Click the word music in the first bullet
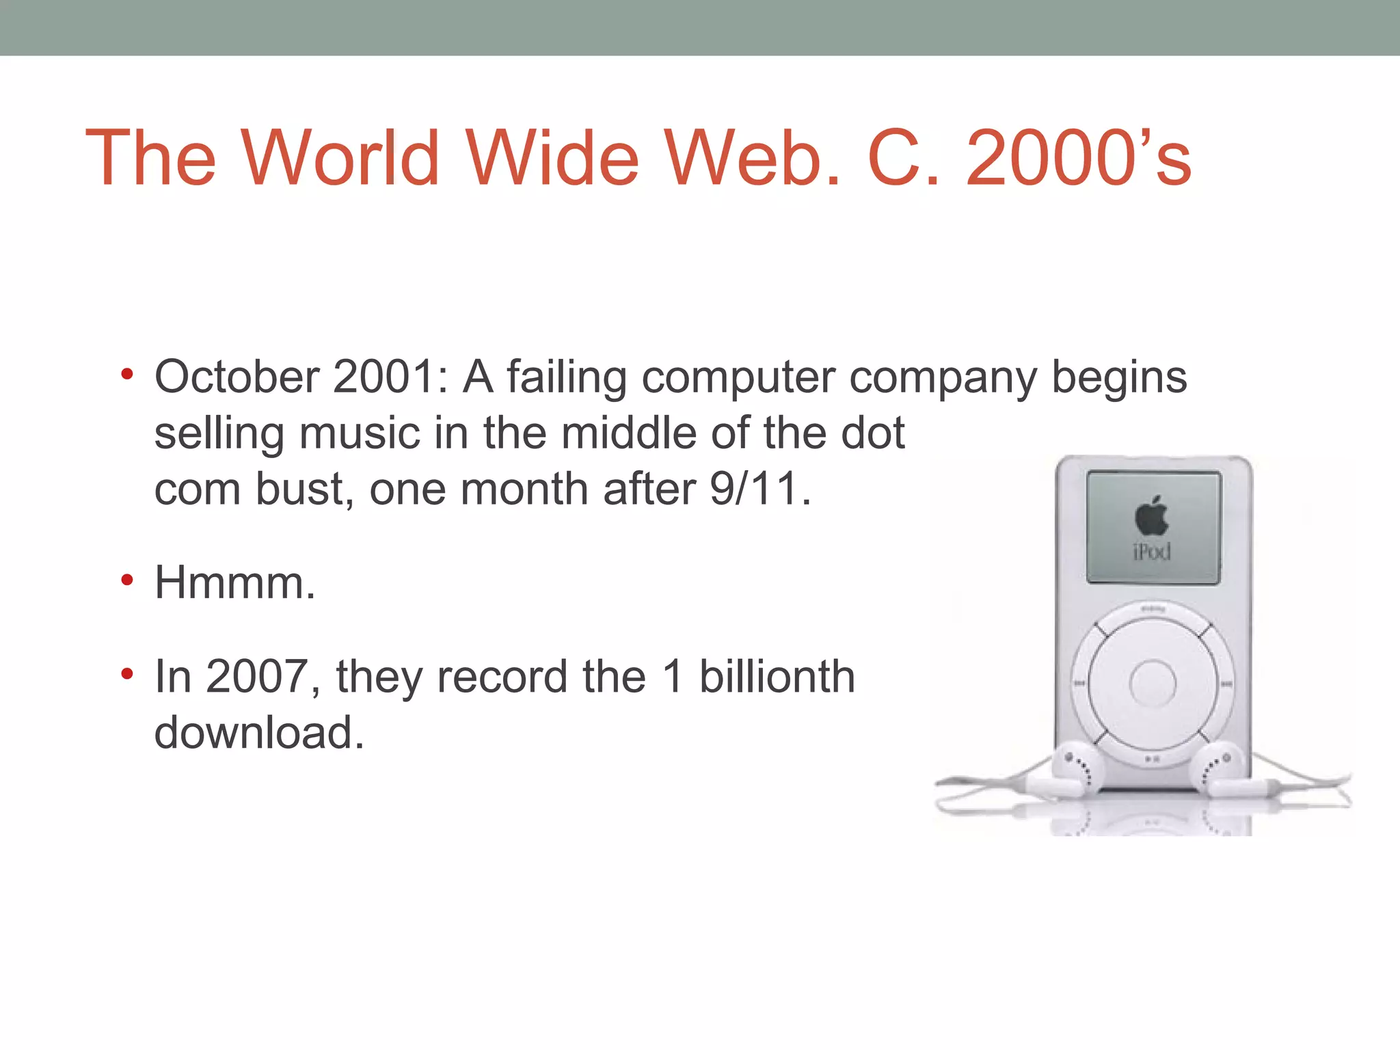tap(359, 433)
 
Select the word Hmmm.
tap(234, 583)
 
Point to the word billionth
tap(777, 677)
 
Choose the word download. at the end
tap(259, 733)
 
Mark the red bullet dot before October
tap(126, 375)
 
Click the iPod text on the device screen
tap(1153, 551)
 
